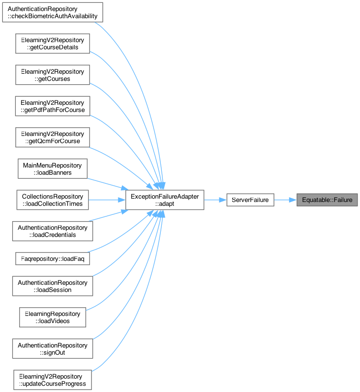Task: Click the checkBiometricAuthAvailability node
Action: click(53, 12)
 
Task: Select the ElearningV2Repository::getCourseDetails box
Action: click(53, 44)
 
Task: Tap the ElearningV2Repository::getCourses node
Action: click(53, 75)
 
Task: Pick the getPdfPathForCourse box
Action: click(53, 106)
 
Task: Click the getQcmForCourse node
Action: click(53, 137)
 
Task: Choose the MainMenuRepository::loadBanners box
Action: click(53, 168)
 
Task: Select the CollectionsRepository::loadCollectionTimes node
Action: click(53, 200)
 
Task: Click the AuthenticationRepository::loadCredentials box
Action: click(53, 231)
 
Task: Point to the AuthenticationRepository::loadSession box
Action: click(53, 286)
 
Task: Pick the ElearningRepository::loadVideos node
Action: click(53, 317)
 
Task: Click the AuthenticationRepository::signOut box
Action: click(53, 348)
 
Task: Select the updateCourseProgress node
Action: click(53, 380)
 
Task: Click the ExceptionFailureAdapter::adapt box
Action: click(165, 200)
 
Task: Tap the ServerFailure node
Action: click(250, 200)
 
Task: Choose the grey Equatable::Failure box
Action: click(327, 200)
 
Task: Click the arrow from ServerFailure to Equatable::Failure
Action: click(285, 200)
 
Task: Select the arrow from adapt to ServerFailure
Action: click(215, 200)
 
